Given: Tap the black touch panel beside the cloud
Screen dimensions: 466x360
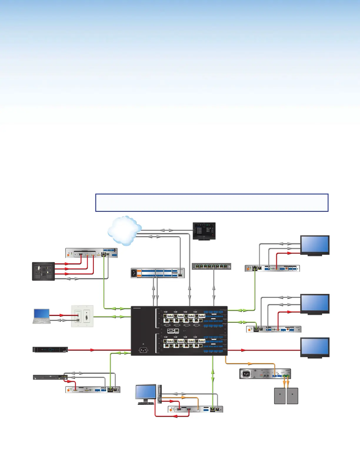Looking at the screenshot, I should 204,231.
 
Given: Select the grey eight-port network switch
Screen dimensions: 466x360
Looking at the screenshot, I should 211,266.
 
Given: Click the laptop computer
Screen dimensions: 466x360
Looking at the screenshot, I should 41,316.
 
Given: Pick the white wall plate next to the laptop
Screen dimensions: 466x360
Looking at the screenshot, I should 82,316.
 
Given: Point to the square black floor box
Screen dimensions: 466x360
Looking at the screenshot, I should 43,271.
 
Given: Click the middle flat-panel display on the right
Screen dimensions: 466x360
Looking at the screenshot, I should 314,304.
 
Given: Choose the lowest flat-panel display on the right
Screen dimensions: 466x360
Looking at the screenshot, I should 314,347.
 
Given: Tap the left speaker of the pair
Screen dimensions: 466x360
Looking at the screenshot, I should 280,396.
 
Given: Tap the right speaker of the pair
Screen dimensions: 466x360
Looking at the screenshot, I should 292,396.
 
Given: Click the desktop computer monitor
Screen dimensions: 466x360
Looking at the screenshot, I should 146,392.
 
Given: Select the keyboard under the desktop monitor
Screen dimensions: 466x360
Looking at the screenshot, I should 146,403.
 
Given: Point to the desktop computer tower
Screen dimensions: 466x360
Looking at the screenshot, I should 160,394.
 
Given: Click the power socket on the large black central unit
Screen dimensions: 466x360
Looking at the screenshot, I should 143,350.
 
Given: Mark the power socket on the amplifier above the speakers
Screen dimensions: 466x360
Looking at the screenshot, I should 246,374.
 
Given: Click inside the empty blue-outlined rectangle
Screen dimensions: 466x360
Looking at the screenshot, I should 212,202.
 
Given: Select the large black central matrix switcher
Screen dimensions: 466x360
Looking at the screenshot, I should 179,330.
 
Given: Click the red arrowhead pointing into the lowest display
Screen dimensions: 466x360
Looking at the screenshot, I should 243,350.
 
